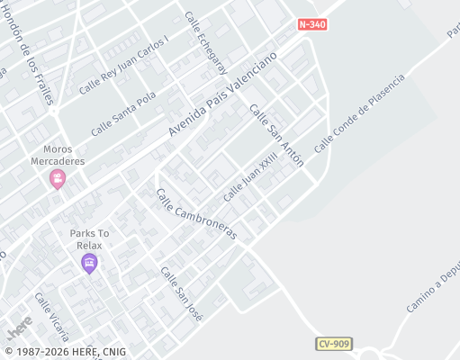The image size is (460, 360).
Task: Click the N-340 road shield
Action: click(x=311, y=24)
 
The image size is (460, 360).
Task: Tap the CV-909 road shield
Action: click(x=333, y=344)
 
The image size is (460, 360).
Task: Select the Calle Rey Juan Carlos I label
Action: click(x=123, y=66)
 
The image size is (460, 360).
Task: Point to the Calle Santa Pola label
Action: click(x=123, y=113)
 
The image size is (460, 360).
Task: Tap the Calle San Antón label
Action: click(x=276, y=135)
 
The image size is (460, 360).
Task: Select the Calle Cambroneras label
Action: click(x=196, y=214)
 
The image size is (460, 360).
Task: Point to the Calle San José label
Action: click(x=181, y=292)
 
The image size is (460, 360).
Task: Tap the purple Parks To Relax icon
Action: click(x=88, y=263)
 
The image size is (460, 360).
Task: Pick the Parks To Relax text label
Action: click(x=88, y=238)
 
